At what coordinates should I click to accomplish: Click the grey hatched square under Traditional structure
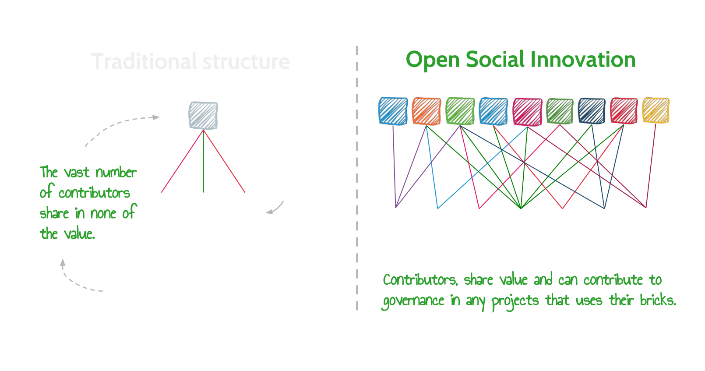(x=200, y=115)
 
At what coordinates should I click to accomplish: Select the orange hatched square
(x=426, y=111)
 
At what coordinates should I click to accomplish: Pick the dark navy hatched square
(x=592, y=110)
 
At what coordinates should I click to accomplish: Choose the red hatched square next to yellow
(x=624, y=110)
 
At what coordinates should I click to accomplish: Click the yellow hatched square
(x=656, y=110)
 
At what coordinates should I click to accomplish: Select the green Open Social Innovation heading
(x=520, y=61)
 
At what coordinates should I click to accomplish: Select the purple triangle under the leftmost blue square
(x=412, y=180)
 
